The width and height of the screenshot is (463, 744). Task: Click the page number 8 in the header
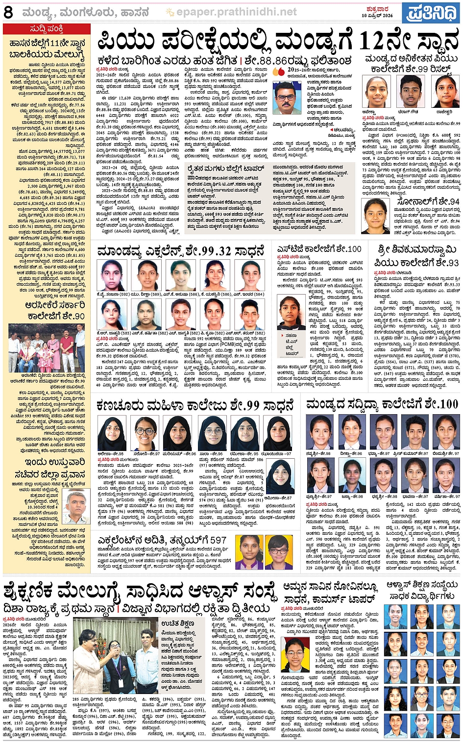(8, 13)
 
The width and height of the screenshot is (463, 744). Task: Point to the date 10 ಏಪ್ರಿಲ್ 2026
(377, 16)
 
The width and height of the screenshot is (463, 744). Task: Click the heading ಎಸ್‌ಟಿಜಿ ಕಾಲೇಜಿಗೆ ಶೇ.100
(319, 249)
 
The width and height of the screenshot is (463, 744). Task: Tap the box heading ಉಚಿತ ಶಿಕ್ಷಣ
(177, 623)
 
